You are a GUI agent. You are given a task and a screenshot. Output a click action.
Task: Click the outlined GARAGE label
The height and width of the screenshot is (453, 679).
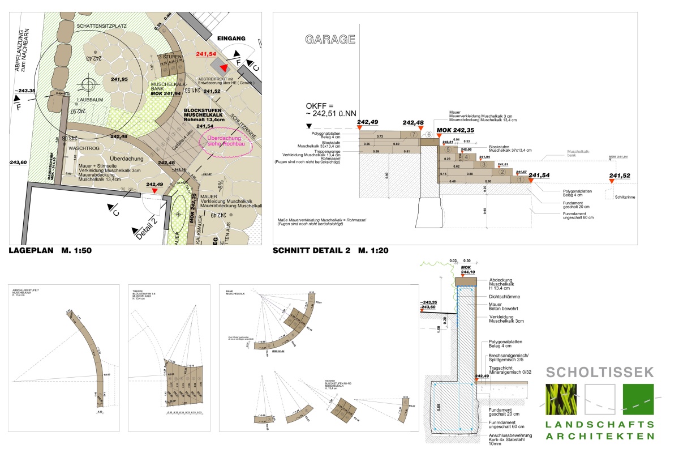330,40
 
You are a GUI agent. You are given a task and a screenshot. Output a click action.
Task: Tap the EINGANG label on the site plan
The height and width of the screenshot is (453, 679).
231,39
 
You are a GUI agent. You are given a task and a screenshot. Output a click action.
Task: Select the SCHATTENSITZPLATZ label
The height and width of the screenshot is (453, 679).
102,26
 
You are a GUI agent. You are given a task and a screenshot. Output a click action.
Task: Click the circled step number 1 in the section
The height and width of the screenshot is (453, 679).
519,180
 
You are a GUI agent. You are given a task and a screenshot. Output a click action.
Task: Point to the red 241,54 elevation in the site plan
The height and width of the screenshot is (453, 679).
206,54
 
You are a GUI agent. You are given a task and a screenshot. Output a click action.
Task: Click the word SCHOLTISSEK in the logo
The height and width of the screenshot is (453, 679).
600,372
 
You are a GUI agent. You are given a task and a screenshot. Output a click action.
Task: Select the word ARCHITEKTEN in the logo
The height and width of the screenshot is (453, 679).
600,436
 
